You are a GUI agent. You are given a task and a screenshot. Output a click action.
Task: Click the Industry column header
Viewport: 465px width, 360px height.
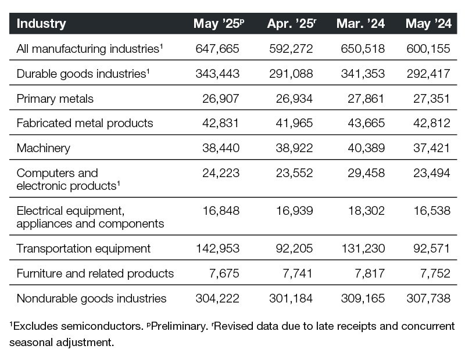41,24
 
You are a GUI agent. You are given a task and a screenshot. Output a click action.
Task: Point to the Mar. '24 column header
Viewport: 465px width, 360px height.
360,24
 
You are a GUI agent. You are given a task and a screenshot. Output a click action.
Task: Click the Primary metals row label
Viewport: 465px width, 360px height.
55,98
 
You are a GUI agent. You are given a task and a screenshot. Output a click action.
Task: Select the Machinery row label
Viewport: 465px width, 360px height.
44,148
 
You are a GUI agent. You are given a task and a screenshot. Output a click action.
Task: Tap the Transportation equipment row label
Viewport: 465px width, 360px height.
84,249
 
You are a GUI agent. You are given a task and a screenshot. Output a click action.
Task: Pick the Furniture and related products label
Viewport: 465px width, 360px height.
95,273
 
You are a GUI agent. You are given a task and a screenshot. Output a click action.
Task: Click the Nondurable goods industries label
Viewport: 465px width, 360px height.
92,298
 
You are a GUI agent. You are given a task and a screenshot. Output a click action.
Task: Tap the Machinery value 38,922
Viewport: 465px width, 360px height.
294,148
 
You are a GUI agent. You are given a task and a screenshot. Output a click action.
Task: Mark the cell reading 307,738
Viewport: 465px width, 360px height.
428,298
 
